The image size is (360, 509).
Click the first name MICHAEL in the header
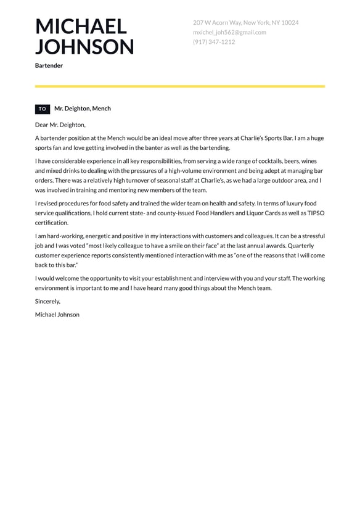81,27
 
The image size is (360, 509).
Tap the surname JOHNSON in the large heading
84,47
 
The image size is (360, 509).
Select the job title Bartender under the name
49,65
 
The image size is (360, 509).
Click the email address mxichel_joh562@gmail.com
229,32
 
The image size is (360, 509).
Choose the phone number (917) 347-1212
213,42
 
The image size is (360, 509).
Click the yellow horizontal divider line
180,86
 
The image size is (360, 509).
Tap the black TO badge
43,109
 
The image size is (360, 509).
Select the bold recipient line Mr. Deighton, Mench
83,109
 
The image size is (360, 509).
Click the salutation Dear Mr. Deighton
60,125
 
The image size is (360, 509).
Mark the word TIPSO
313,213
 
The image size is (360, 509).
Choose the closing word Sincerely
47,301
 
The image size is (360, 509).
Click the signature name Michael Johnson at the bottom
57,315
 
